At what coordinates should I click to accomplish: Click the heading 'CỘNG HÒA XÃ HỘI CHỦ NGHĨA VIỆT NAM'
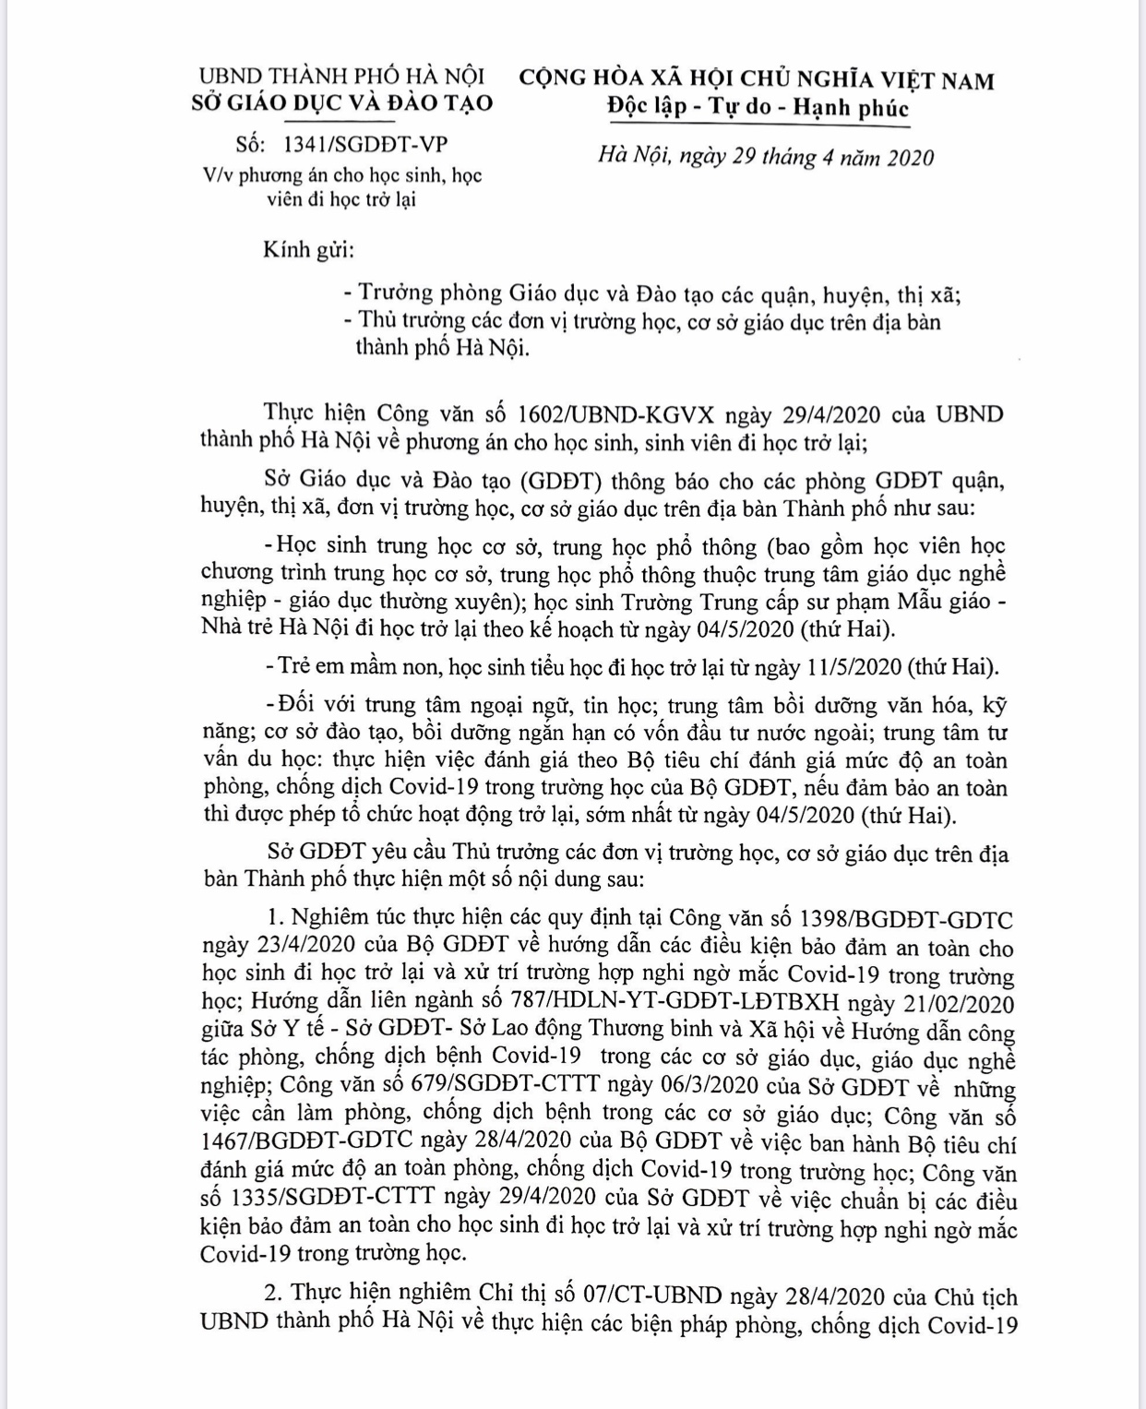(x=757, y=79)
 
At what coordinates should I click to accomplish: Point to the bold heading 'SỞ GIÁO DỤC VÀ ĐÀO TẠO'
(x=342, y=102)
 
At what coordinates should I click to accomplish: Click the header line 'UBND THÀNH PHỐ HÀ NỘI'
(x=342, y=76)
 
